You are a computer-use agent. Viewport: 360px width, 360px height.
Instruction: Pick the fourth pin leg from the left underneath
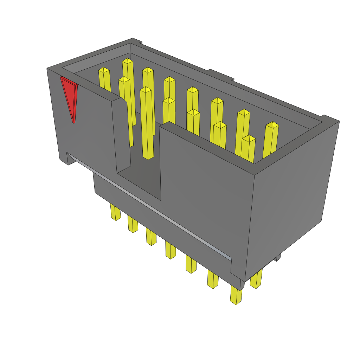pyautogui.click(x=170, y=250)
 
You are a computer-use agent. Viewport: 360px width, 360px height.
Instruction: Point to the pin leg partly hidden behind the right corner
pyautogui.click(x=256, y=279)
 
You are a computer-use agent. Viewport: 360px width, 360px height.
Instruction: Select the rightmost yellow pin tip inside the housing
pyautogui.click(x=272, y=125)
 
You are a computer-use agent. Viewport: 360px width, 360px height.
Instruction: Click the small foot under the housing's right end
pyautogui.click(x=278, y=258)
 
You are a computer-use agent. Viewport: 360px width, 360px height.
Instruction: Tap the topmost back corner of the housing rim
pyautogui.click(x=133, y=40)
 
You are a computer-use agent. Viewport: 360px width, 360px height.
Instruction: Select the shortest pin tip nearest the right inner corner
pyautogui.click(x=249, y=139)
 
